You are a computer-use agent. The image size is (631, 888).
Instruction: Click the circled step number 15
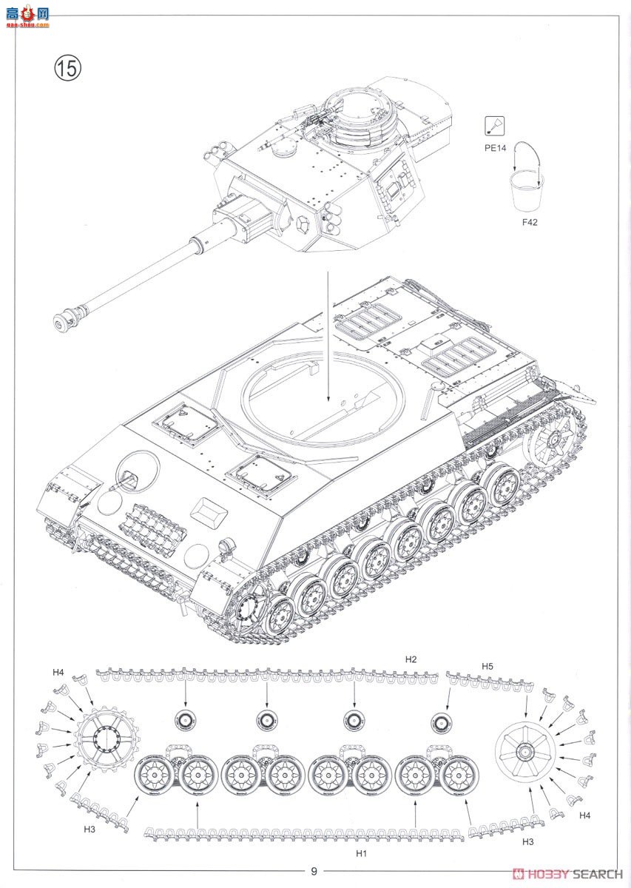click(x=67, y=68)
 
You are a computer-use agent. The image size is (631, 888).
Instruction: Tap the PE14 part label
click(x=495, y=148)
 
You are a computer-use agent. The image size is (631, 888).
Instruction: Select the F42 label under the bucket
click(x=530, y=222)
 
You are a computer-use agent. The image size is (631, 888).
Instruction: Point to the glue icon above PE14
click(x=495, y=127)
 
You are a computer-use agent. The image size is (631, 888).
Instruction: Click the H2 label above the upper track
click(x=411, y=659)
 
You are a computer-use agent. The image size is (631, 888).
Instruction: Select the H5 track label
click(x=487, y=667)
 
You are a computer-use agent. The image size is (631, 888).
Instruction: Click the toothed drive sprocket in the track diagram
click(x=107, y=738)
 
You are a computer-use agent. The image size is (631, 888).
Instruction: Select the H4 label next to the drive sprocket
click(x=58, y=673)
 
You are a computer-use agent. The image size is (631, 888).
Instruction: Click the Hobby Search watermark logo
click(x=567, y=873)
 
